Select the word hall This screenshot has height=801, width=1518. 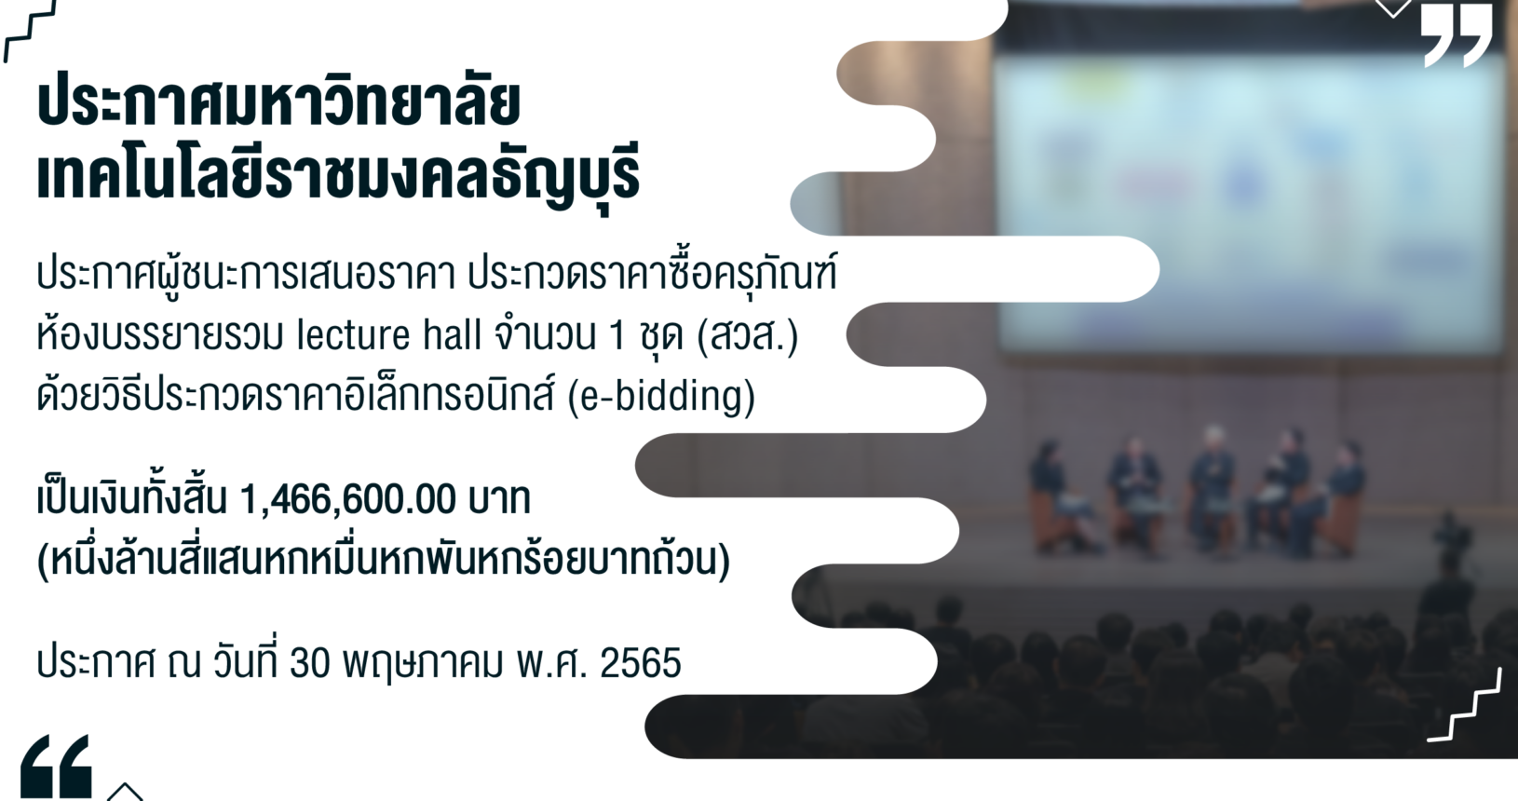point(452,334)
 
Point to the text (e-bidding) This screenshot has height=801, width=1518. point(660,397)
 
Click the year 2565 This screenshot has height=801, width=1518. point(641,663)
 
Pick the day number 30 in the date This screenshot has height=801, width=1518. point(310,663)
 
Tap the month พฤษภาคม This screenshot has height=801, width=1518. point(423,663)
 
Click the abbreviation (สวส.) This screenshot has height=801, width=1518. point(748,335)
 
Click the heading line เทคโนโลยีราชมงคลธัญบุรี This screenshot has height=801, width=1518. point(338,176)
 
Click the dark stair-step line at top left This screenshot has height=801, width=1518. point(30,31)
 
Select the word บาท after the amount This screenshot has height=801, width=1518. point(499,499)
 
